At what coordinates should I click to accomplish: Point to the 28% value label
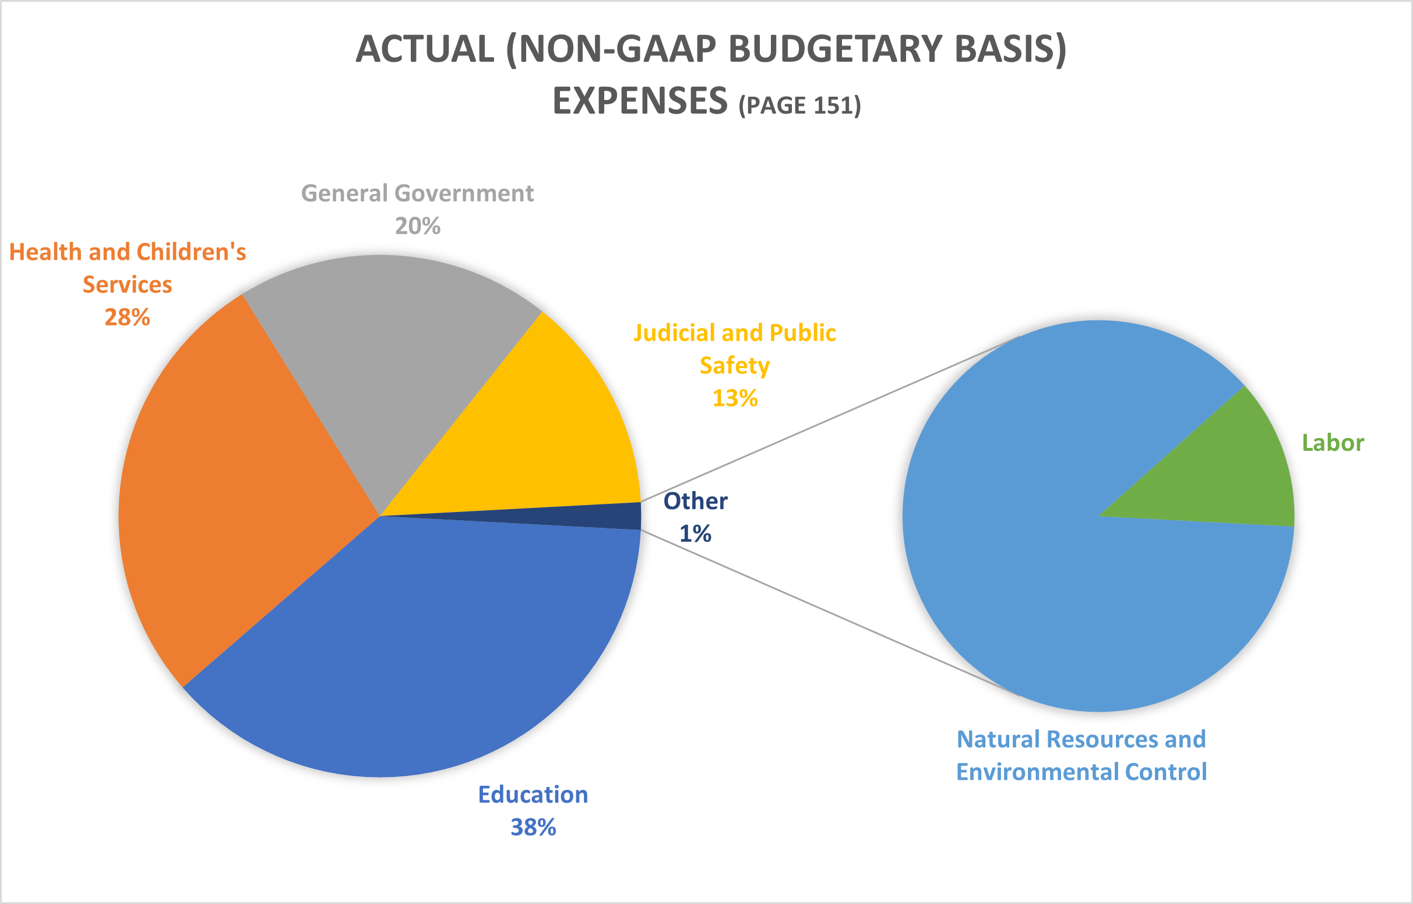128,317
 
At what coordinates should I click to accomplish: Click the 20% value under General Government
417,226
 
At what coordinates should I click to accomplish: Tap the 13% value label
735,398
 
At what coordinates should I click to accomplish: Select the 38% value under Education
533,828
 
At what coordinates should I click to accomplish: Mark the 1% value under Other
695,534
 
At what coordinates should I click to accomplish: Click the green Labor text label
1333,443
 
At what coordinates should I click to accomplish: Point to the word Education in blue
533,795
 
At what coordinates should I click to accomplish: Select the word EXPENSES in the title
640,101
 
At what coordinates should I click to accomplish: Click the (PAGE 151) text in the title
799,105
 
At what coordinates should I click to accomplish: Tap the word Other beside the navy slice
695,502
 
